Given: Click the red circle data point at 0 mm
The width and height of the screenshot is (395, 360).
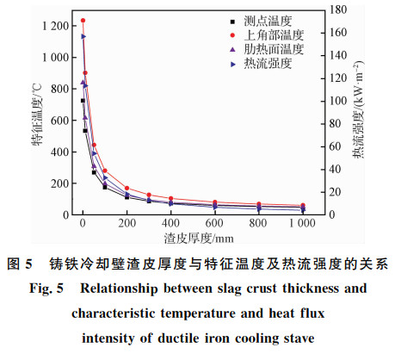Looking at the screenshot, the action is coord(83,21).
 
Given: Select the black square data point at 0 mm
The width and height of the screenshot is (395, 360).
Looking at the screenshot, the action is coord(83,101).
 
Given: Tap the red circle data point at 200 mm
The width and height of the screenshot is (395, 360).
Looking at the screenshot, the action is coord(127,188).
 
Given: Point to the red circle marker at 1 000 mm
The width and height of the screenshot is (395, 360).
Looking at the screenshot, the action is coord(303,206).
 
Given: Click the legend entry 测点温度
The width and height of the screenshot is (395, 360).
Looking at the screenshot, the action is coord(268,22).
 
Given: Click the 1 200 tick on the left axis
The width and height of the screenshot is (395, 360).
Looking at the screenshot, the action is coord(55,26).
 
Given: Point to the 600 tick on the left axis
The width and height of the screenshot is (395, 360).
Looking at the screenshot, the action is coord(60,121).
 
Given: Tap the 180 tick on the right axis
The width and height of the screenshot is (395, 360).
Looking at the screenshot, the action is coord(338,9).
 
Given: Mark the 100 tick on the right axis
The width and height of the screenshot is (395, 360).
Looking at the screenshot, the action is coord(338,101).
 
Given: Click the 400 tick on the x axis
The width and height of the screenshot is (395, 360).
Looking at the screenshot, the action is coord(170,223).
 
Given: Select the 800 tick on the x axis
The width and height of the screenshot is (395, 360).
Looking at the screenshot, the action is coord(258,223).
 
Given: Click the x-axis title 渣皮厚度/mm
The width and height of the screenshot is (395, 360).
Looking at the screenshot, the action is coord(199,239).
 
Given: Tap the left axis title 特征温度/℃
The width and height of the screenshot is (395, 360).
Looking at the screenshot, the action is coord(37,115).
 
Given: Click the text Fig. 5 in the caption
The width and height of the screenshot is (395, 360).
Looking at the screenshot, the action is coord(46,289).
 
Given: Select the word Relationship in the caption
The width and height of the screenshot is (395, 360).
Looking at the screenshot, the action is coord(119,289).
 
